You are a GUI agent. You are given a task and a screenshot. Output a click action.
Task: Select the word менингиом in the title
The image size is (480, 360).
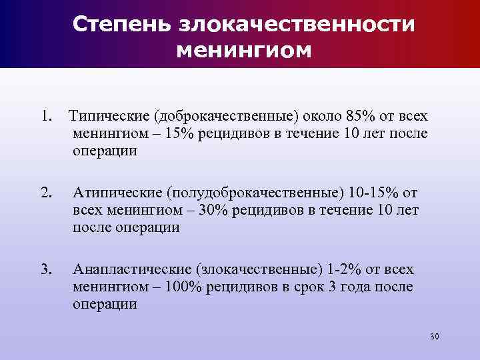point(245,50)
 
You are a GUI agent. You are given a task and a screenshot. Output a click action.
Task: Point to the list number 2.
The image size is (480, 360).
point(46,193)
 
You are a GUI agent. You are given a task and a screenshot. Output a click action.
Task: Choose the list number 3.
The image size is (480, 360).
point(46,269)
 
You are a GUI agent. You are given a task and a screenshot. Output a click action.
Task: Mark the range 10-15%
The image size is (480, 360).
point(374,193)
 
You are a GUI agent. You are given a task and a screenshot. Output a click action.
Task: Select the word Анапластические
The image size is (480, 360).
point(130,269)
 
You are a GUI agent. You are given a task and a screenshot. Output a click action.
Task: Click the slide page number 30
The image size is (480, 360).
point(435,336)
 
